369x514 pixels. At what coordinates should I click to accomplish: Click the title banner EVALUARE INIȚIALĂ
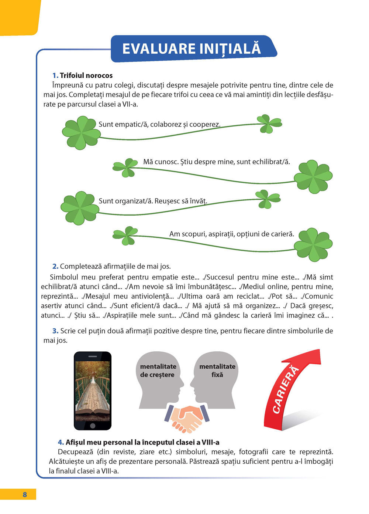click(192, 49)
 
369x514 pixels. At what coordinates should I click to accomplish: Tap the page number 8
click(25, 494)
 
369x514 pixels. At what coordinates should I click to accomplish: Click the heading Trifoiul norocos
click(86, 75)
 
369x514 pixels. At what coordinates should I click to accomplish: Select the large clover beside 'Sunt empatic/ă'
click(80, 132)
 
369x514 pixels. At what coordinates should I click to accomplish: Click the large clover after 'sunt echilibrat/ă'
click(313, 177)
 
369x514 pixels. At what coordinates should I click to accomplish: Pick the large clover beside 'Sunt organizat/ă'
click(79, 208)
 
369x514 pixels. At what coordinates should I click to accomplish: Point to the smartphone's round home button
click(93, 426)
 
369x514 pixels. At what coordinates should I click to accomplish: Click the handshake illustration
click(187, 418)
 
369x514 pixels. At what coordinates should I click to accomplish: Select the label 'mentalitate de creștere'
click(158, 371)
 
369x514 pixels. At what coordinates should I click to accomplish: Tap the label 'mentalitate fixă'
click(217, 371)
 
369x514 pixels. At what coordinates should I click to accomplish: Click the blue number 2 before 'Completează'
click(55, 266)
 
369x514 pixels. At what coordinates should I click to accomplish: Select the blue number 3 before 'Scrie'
click(55, 331)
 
